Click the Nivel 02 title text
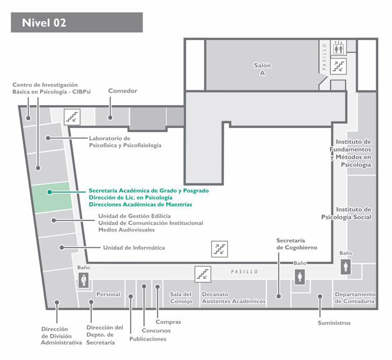pos(44,23)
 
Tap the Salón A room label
pos(262,69)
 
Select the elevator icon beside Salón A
pos(339,47)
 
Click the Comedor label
pos(122,91)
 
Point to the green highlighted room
pos(52,198)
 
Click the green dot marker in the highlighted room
pos(50,192)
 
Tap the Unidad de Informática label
pos(134,248)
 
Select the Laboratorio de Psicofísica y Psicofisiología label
pos(125,142)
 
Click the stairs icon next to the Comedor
pos(72,117)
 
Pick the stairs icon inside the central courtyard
pos(220,249)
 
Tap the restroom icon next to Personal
pos(84,280)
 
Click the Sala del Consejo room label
pos(181,298)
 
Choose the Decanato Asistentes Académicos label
pos(234,298)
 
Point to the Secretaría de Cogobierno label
pos(297,244)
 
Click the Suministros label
pos(334,323)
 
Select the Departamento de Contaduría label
pos(355,298)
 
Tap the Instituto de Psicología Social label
pos(346,213)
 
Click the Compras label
pos(168,322)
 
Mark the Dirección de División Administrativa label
pos(62,336)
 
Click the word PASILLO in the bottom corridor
pos(244,272)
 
